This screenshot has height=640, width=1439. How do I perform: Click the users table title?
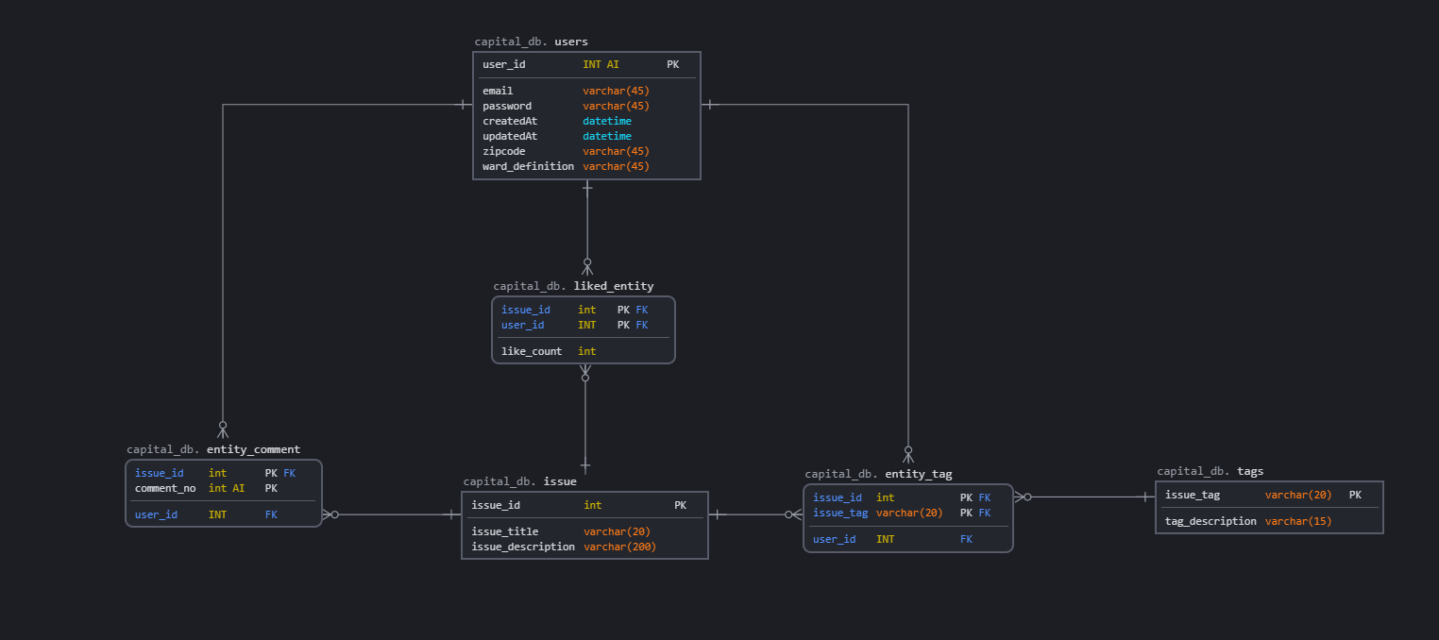[570, 42]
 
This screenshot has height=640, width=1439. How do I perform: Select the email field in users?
[498, 91]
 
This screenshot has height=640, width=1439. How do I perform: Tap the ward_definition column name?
[528, 166]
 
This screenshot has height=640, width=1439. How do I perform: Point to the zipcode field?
[504, 151]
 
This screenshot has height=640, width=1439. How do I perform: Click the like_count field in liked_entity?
[532, 351]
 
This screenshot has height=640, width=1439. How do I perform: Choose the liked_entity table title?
[613, 286]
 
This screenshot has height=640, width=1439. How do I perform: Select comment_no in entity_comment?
[165, 488]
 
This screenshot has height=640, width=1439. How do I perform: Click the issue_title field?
[505, 531]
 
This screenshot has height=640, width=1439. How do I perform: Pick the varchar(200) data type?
[619, 547]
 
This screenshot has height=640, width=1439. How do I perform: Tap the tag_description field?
[1210, 521]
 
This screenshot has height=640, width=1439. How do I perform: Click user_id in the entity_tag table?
[835, 539]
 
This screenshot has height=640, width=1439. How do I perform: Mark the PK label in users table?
[672, 64]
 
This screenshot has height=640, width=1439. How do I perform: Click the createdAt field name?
[510, 121]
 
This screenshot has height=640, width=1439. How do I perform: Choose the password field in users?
[507, 106]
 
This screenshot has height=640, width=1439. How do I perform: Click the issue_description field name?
[523, 547]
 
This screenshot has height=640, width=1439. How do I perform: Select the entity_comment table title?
[253, 449]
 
